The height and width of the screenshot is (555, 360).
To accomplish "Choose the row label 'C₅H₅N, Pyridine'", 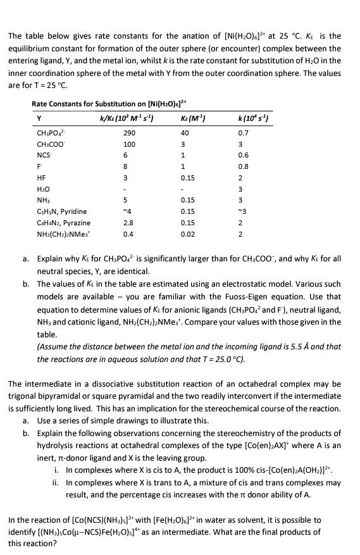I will [x=62, y=211].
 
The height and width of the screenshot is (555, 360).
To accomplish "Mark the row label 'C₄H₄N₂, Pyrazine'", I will [x=64, y=223].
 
